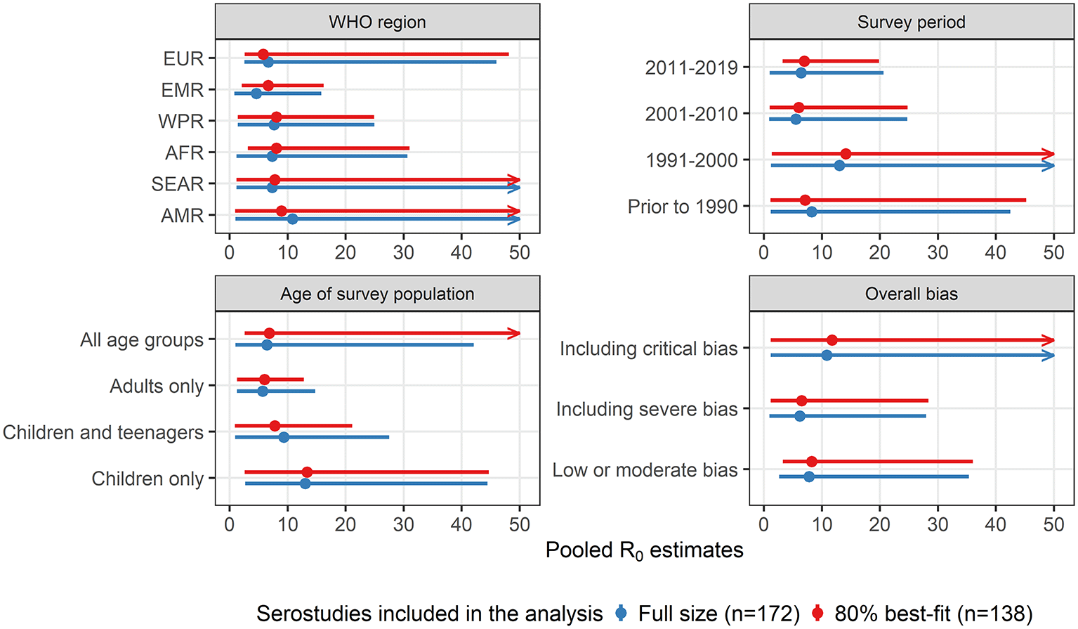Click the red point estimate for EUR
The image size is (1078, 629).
pos(263,54)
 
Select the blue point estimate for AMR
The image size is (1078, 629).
pos(292,219)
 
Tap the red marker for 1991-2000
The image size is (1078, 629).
pos(846,154)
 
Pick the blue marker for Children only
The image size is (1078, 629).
pos(305,484)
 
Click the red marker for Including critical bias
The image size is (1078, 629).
pos(832,340)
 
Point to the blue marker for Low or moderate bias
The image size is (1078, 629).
pos(809,476)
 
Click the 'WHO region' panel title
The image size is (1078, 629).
pos(377,22)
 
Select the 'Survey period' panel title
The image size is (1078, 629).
pos(911,22)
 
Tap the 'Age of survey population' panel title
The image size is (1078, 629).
pos(377,294)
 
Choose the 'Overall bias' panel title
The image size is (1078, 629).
pos(911,294)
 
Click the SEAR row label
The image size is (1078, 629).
pos(177,184)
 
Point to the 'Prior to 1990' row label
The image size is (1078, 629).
pos(682,207)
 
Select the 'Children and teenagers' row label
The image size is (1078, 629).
pos(103,432)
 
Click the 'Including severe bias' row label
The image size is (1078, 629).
pos(646,409)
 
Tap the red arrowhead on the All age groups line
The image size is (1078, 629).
pos(515,333)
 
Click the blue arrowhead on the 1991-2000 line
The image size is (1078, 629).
pos(1049,166)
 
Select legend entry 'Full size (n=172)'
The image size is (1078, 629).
pos(718,614)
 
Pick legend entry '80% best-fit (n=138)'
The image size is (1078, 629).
pos(933,614)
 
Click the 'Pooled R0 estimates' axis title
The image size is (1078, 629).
pos(644,550)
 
